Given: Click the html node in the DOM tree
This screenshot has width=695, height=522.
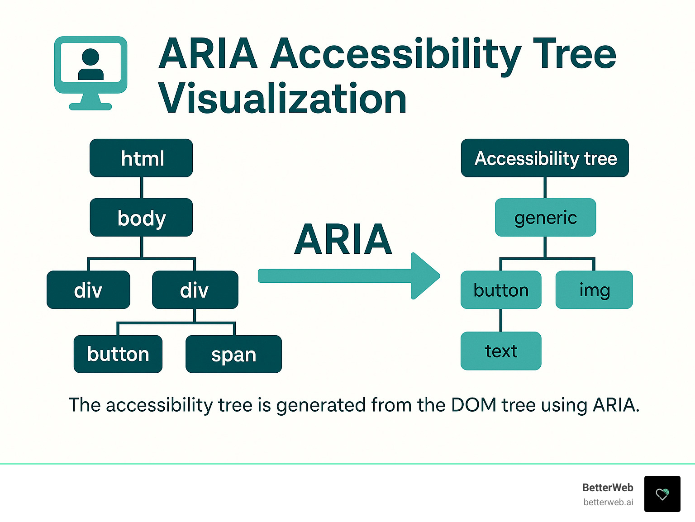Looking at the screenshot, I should pos(141,158).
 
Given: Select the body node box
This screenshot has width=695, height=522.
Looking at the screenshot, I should pos(141,218).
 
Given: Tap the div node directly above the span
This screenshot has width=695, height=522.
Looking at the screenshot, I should pos(195,290).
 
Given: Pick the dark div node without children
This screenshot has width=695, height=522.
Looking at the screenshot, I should pos(88,290).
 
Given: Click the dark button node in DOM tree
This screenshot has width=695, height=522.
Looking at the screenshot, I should pos(118,354).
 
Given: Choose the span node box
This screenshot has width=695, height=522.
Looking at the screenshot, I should pos(233,354).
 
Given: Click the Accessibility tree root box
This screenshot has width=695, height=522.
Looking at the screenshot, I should pos(545,158).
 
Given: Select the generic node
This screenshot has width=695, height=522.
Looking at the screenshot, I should pos(545,218).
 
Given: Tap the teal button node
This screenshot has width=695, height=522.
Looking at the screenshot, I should pos(501,290).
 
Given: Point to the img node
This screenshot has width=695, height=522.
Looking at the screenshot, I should pos(594,290).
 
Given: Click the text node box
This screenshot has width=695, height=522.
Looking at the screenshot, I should pos(501,351).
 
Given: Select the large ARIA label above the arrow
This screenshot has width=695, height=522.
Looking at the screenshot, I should pos(343,239).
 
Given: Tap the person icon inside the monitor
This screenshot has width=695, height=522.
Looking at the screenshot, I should pos(91,64).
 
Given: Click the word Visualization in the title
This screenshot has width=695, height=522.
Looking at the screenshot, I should pos(282,99).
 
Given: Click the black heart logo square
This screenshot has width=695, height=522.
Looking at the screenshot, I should pos(662,494).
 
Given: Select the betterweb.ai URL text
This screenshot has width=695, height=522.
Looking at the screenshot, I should pos(608,502).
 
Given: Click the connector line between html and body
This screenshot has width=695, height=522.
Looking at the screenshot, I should pos(142,187).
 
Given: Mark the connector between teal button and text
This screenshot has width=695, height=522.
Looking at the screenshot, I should pos(501,320).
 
